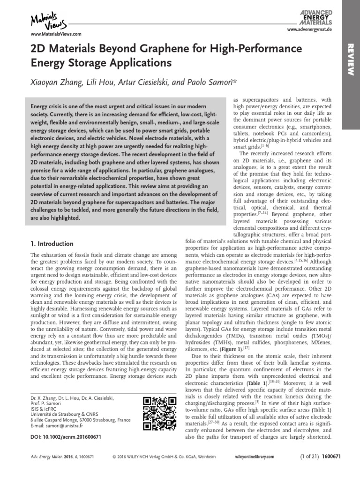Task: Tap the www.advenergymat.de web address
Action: click(310, 29)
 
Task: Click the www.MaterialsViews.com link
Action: click(56, 34)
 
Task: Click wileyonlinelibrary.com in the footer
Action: click(255, 456)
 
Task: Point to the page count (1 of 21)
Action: click(310, 456)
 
